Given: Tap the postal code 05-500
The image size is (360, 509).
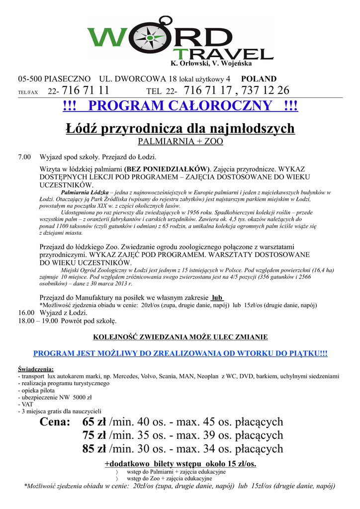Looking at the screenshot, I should point(29,79).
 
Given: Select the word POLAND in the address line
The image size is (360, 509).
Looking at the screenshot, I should point(259,79).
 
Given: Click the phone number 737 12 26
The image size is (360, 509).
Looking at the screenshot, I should point(267,90).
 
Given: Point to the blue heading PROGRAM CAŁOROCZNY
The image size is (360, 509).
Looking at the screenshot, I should point(180,106).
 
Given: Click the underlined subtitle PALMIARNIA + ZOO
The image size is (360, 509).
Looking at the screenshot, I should point(180,142).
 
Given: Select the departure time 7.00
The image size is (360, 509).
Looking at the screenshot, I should point(24,157).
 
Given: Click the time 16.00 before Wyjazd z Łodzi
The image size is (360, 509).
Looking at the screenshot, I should point(26,313).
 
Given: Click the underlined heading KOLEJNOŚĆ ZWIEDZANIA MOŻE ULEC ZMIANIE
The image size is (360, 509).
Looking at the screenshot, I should point(180,337).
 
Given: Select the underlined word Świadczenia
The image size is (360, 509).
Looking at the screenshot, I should point(36,369).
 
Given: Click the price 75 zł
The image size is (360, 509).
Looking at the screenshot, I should point(94,435).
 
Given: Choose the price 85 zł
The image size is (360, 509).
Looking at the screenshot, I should point(94,449).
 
